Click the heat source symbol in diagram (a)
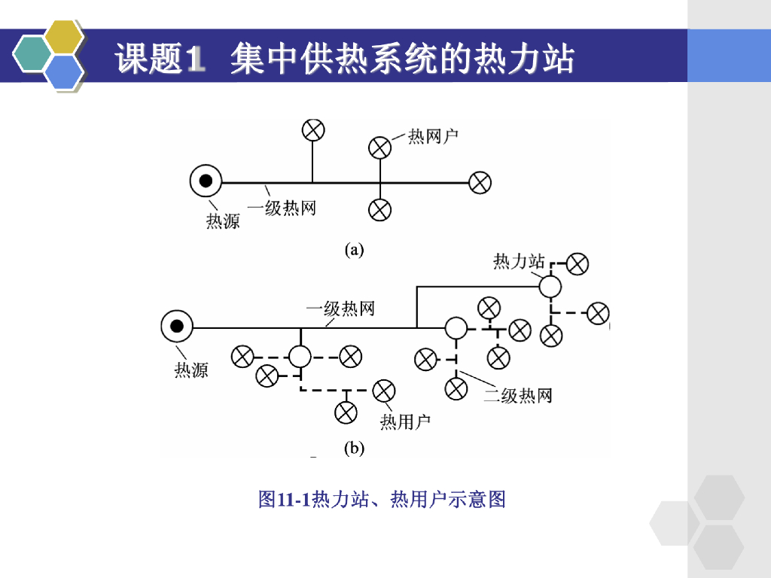pyautogui.click(x=205, y=182)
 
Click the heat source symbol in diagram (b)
pyautogui.click(x=177, y=327)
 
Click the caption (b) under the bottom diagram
pyautogui.click(x=354, y=449)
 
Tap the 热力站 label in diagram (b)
pyautogui.click(x=519, y=261)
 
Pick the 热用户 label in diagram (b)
pyautogui.click(x=405, y=421)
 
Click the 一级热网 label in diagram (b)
pyautogui.click(x=340, y=309)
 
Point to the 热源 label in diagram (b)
pyautogui.click(x=191, y=370)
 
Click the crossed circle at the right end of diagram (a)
pyautogui.click(x=480, y=182)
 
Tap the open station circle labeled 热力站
pyautogui.click(x=550, y=286)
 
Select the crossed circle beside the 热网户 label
pyautogui.click(x=380, y=147)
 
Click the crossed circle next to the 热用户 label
pyautogui.click(x=384, y=390)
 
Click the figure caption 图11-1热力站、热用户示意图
pyautogui.click(x=382, y=499)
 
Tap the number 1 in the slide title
pyautogui.click(x=195, y=59)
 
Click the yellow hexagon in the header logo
pyautogui.click(x=64, y=37)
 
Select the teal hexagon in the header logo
pyautogui.click(x=32, y=54)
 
